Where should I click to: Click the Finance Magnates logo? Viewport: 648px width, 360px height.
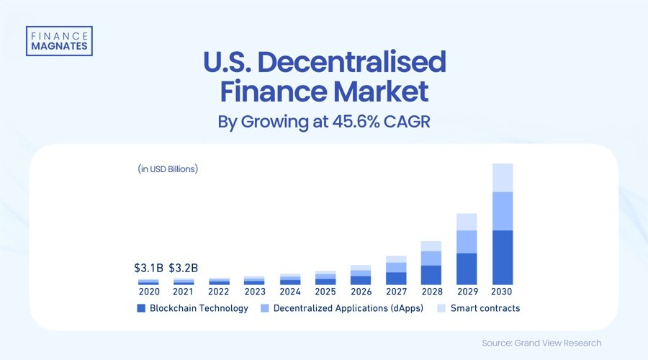click(x=58, y=40)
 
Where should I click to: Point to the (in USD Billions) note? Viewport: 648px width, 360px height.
click(x=168, y=169)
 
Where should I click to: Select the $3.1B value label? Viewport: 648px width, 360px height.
click(x=148, y=268)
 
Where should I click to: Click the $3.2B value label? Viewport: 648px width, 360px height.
click(x=184, y=268)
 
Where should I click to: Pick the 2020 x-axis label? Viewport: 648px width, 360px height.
click(x=148, y=292)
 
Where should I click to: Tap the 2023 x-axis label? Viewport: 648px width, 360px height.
click(x=254, y=292)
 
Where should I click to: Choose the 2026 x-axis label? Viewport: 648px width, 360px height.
click(x=361, y=292)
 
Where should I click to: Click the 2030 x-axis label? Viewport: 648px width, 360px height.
click(x=502, y=292)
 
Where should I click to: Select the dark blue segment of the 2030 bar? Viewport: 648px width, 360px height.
click(x=502, y=257)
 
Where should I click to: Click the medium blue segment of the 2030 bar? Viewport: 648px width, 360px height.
click(x=502, y=211)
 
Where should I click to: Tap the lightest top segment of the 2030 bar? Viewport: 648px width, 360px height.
click(x=502, y=178)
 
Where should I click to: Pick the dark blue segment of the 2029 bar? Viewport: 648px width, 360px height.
click(x=467, y=269)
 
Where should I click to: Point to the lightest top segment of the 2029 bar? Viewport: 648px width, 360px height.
click(x=467, y=222)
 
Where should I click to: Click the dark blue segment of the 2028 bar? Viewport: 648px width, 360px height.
click(x=431, y=275)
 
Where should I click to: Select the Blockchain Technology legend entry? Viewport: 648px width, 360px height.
click(x=193, y=308)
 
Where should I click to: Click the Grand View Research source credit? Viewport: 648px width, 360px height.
click(x=541, y=343)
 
